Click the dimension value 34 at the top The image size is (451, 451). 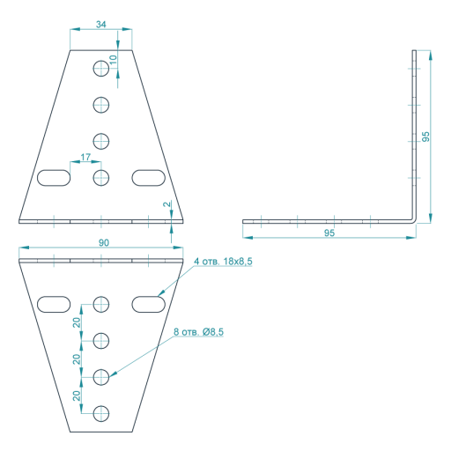point(100,25)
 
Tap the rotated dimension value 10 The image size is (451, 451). point(113,60)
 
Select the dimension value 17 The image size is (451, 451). point(85,158)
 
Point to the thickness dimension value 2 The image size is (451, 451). point(166,204)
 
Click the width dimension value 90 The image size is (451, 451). point(104,243)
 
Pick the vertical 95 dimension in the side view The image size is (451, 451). point(425,137)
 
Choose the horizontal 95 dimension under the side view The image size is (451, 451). point(329,233)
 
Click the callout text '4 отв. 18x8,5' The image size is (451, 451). point(223,262)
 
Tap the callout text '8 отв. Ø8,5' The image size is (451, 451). point(198,332)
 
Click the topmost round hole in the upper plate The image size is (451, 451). point(101,69)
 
